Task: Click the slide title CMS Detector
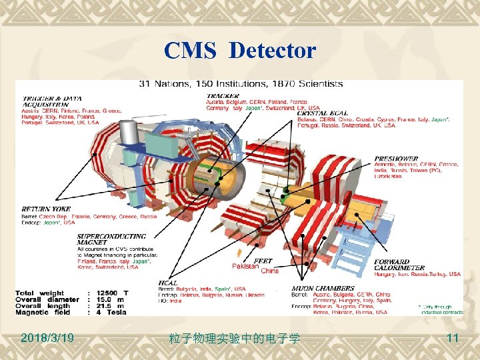coord(240,50)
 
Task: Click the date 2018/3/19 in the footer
coord(47,338)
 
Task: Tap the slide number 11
coord(453,338)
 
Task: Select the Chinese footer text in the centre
coord(235,339)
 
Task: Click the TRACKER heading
coord(221,95)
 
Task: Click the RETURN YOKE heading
coord(46,209)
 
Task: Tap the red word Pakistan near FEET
coord(245,266)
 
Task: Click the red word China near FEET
coord(270,271)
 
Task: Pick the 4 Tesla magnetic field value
coord(110,312)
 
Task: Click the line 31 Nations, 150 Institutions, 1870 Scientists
coord(241,84)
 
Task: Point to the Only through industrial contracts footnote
coord(441,309)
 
